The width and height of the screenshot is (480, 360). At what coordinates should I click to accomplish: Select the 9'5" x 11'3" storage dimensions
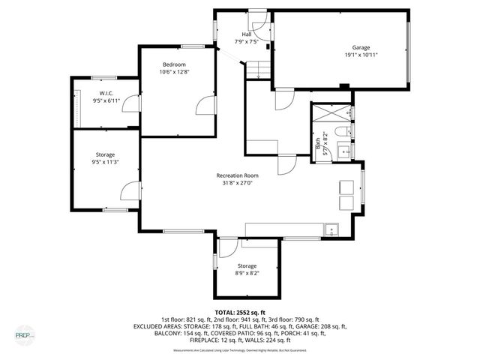[x=105, y=162]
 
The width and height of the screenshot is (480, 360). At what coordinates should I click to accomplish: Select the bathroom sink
[x=346, y=151]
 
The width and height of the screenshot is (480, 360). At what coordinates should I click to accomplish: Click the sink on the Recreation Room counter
[x=330, y=228]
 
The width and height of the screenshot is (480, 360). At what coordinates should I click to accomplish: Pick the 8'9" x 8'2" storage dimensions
[x=247, y=274]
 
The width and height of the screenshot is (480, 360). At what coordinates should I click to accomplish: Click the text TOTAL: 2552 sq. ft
[x=240, y=312]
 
